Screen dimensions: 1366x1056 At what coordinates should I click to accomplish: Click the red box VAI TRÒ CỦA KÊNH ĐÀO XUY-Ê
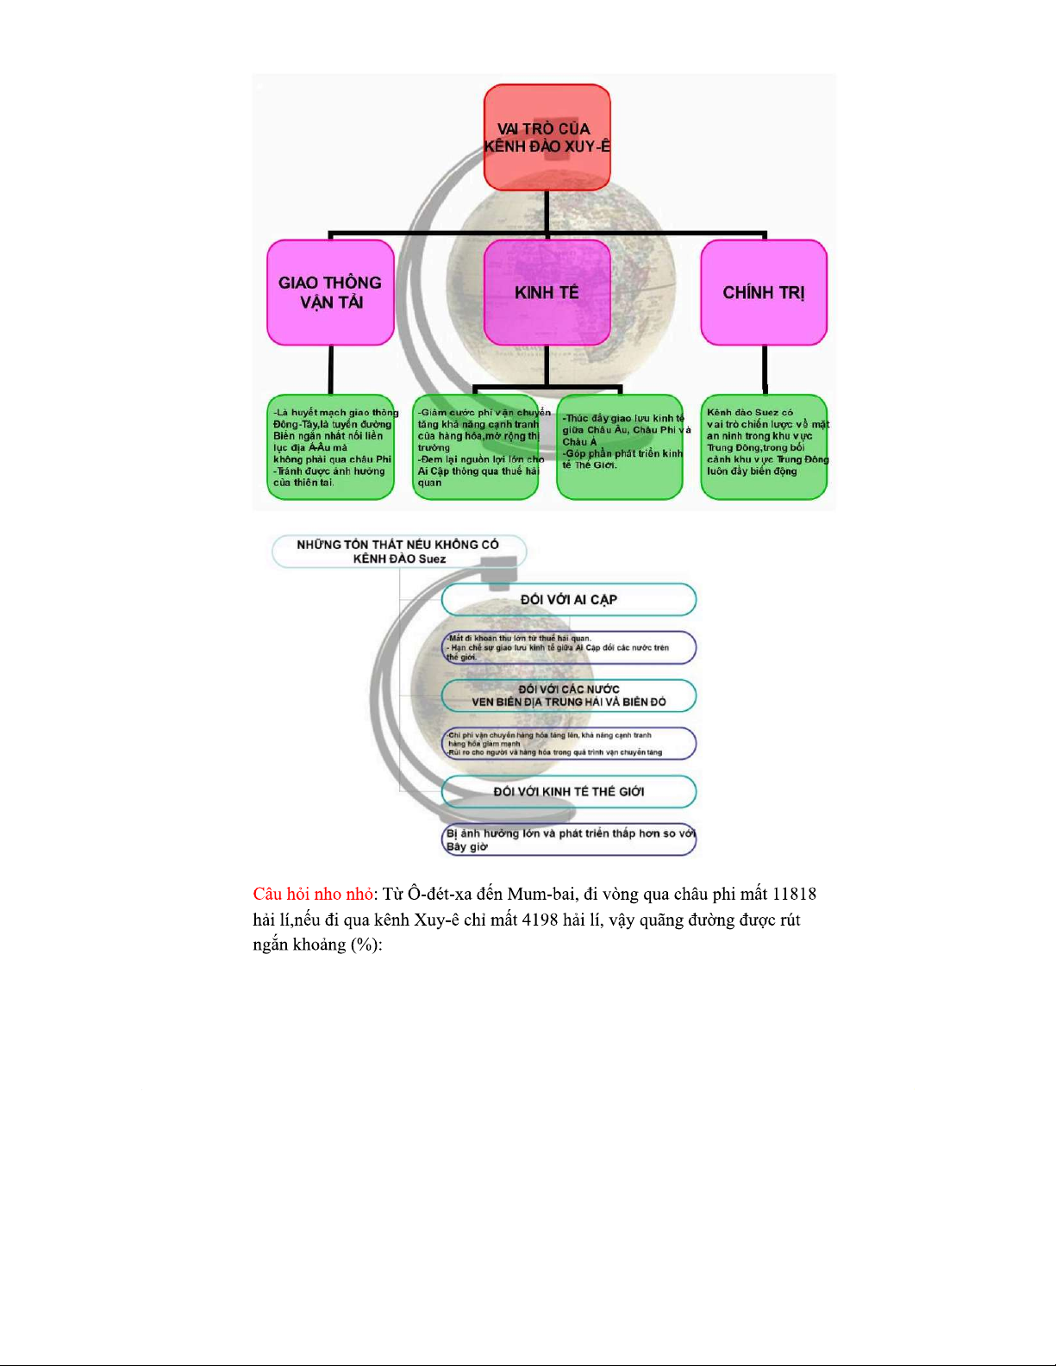547,138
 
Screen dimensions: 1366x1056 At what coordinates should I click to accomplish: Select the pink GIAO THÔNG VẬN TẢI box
330,293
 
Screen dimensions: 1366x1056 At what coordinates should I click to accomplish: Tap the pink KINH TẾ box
547,293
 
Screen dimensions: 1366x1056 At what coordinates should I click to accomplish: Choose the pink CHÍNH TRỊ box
764,293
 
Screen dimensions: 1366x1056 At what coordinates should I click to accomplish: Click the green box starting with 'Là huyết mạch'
330,447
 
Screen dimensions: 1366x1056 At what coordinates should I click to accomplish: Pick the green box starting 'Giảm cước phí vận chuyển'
476,447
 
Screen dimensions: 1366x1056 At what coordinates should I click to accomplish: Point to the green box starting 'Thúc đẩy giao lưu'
620,447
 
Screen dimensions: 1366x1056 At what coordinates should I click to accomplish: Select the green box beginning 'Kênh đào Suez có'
764,447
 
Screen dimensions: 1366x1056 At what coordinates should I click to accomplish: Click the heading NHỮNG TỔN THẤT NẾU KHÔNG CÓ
398,552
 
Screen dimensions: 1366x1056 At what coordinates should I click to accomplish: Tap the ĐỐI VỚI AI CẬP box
568,600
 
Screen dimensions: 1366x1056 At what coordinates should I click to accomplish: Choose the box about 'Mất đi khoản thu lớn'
568,648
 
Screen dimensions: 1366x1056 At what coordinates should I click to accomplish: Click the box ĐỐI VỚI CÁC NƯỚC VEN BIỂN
568,695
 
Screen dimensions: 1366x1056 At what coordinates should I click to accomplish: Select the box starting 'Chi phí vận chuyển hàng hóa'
568,744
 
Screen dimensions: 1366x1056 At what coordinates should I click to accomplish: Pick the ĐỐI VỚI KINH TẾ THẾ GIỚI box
568,791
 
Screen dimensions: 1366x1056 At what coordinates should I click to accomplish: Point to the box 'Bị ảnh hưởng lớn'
568,839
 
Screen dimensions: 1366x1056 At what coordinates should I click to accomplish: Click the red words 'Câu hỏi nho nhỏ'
313,895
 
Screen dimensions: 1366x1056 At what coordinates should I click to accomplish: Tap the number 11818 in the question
794,895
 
